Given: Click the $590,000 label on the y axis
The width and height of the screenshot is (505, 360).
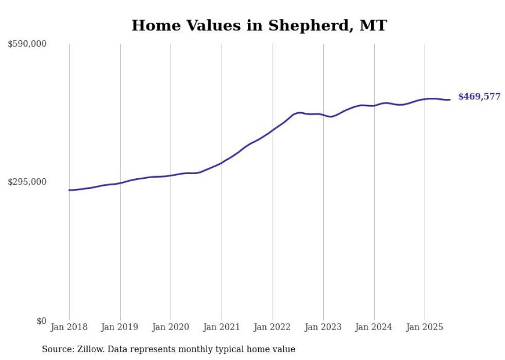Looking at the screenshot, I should point(27,44).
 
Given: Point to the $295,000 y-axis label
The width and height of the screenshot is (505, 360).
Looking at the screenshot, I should point(27,182).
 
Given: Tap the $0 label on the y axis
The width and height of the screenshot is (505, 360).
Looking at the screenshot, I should point(41,321).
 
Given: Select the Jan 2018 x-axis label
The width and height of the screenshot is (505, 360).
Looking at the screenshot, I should point(69,327).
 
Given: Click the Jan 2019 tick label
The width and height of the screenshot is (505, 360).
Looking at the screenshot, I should point(120,327).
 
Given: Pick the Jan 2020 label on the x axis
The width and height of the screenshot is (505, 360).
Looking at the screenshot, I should point(171,327).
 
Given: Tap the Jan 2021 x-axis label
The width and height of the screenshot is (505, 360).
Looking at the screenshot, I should point(222,327).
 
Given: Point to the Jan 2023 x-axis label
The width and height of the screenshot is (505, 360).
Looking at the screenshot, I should point(323,327).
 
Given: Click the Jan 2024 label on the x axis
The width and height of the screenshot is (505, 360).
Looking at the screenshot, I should point(374,327).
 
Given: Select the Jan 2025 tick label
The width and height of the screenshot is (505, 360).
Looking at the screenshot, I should point(425,327).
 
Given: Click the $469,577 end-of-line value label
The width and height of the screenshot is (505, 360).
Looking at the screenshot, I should point(479,97).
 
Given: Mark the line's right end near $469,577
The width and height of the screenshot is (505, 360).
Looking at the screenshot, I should point(450,99).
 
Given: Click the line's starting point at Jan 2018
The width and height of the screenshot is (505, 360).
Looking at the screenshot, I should point(69,190).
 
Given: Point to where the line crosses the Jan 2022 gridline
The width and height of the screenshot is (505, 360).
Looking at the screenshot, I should point(273,130).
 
